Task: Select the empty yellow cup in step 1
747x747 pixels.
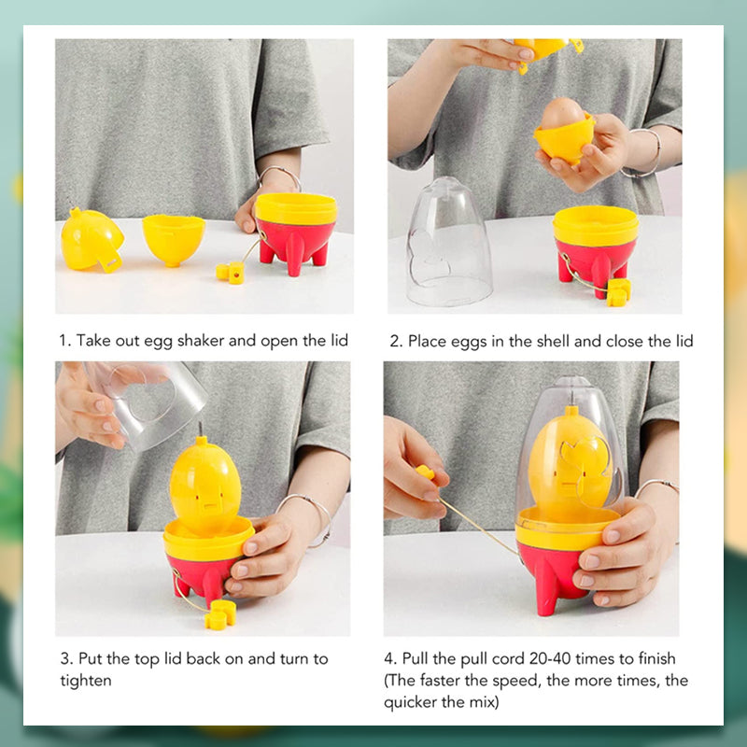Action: pos(173,238)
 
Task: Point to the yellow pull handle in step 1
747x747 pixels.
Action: pos(231,272)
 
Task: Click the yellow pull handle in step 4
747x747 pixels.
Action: pos(426,472)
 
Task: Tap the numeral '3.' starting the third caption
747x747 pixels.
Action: pos(63,658)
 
